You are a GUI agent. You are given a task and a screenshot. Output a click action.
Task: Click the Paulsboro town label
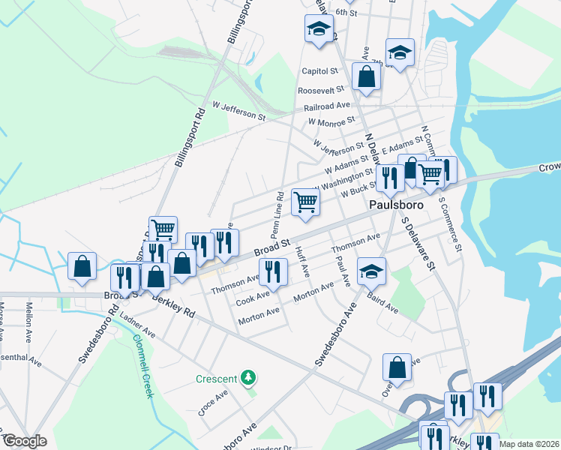[x=395, y=204]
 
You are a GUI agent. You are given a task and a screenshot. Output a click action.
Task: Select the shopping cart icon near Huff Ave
[x=305, y=202]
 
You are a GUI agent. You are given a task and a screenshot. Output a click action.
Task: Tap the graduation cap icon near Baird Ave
[x=371, y=271]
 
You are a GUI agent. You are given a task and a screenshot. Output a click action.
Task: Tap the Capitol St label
[x=321, y=71]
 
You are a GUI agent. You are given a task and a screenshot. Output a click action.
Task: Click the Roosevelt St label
[x=320, y=89]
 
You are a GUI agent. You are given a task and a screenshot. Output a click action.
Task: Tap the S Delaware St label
[x=418, y=244]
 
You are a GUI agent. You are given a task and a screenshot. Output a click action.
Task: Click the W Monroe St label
[x=331, y=121]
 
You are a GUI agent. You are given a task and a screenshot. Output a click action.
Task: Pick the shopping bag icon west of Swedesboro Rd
[x=82, y=266]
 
